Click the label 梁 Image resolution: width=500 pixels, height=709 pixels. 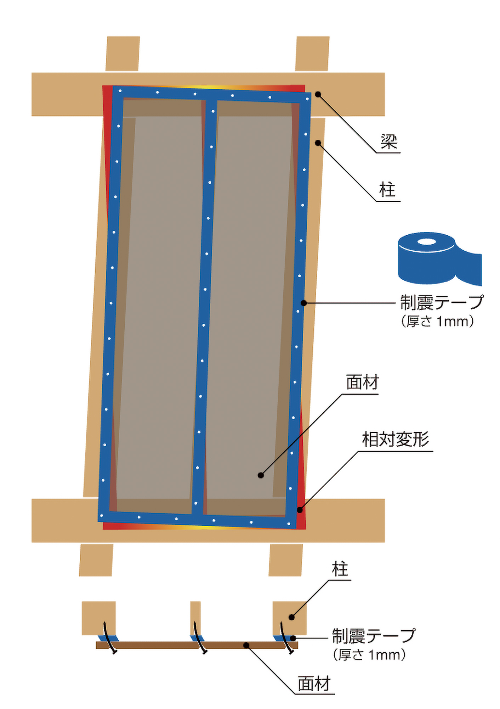click(x=389, y=142)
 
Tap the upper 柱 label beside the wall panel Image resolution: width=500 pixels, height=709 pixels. click(x=387, y=190)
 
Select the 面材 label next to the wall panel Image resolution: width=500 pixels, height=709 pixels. click(x=362, y=383)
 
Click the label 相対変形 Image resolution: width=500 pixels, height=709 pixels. click(x=395, y=440)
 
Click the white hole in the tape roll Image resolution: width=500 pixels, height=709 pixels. click(x=426, y=242)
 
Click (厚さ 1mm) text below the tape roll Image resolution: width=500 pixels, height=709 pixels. click(x=437, y=322)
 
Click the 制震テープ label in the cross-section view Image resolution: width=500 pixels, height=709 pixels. click(x=373, y=636)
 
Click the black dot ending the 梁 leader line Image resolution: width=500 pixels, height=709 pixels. click(x=318, y=94)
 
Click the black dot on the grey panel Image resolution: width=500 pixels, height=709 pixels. click(x=261, y=475)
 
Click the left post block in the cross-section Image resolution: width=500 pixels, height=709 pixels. click(x=98, y=617)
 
